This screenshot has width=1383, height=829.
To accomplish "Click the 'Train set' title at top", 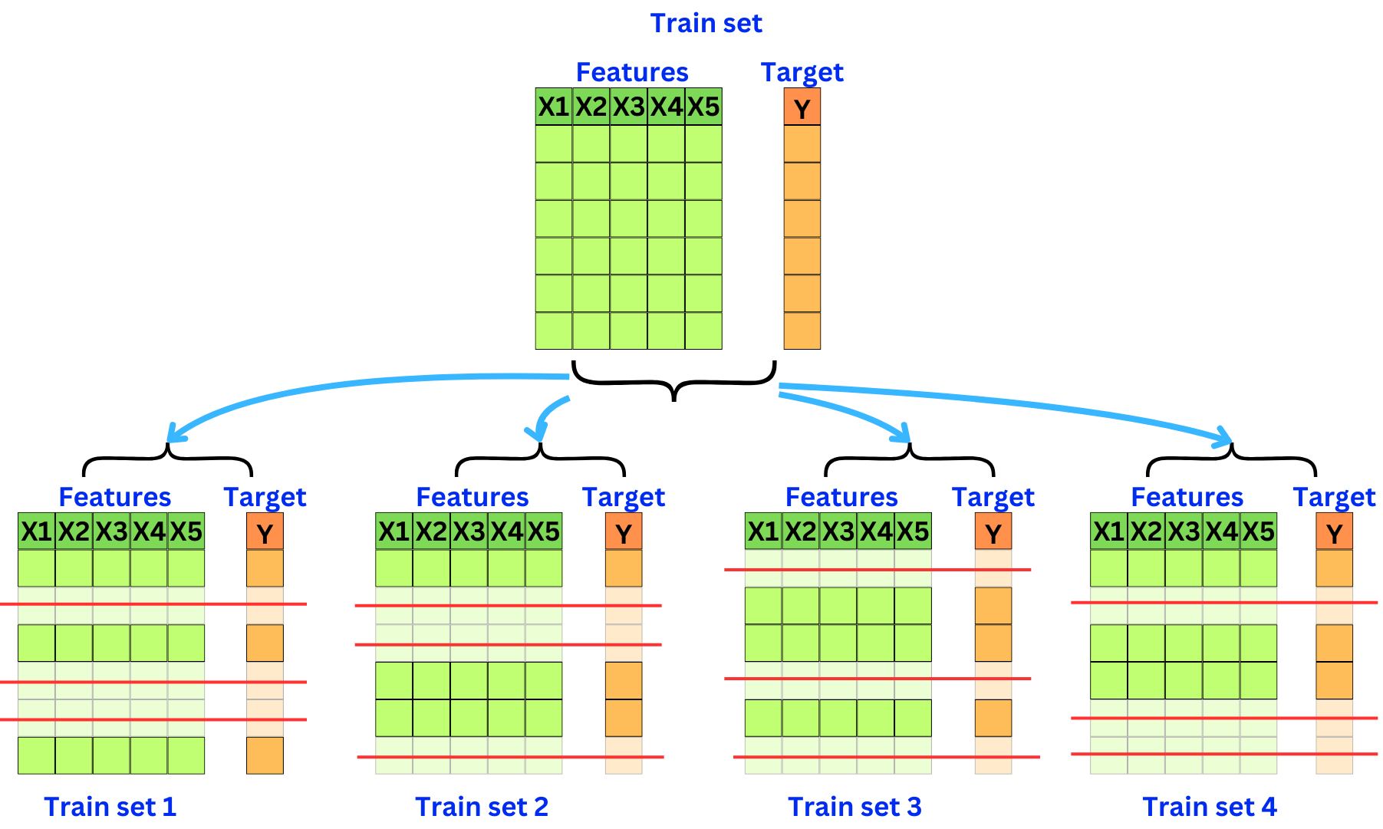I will coord(706,24).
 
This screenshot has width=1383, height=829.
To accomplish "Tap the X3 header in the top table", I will coord(628,107).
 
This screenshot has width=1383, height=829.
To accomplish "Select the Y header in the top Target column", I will coord(802,107).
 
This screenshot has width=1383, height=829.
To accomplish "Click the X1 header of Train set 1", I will coord(36,531).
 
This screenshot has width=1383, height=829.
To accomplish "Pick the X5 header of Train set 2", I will coord(543,531).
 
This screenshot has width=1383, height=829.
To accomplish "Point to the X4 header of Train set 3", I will coord(875,531).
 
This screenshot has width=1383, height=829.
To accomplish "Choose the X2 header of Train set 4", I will coord(1146,531).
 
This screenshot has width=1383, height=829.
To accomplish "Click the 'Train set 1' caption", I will coord(110,807).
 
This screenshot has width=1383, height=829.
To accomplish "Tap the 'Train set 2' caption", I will coord(482,807).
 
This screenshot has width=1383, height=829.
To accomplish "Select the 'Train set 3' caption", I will coord(854,807).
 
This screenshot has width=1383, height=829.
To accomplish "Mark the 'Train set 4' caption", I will coord(1210,807).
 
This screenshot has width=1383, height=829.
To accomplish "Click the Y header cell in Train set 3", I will coord(993,532).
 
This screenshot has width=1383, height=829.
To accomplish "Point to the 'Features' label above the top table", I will coord(632,72).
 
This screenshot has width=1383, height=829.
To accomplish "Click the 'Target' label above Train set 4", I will coord(1334,498).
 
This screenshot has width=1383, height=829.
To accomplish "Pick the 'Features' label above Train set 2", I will coord(472,498).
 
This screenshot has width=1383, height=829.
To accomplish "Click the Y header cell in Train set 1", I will coord(265,532).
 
